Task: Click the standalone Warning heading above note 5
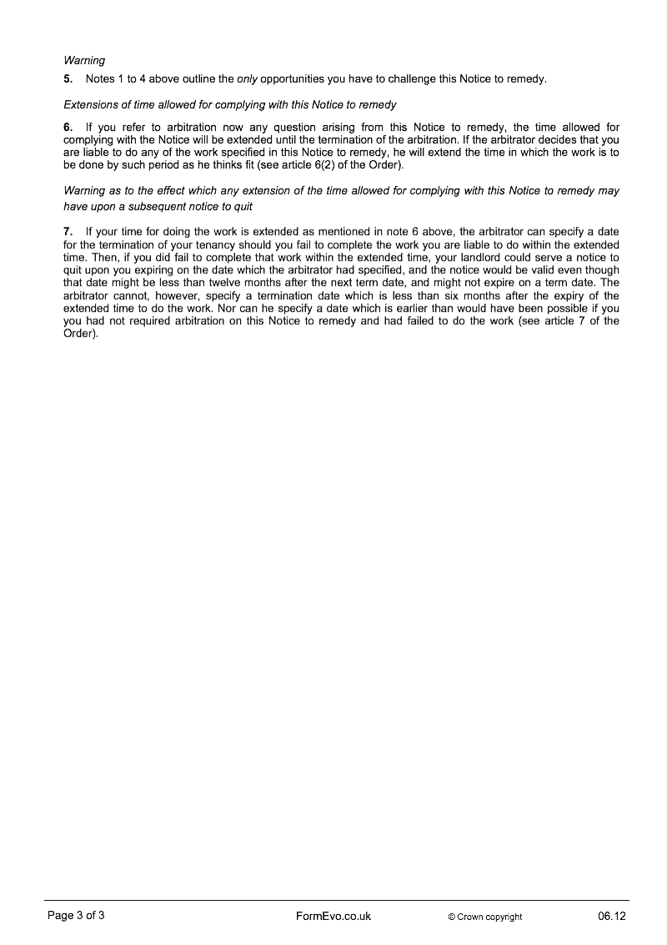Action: (84, 60)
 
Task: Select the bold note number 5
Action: (68, 79)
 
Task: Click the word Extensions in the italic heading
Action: (92, 105)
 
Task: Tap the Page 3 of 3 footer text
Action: (76, 916)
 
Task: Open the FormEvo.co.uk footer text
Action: (333, 916)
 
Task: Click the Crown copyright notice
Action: (484, 917)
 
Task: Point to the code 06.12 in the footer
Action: (611, 916)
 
